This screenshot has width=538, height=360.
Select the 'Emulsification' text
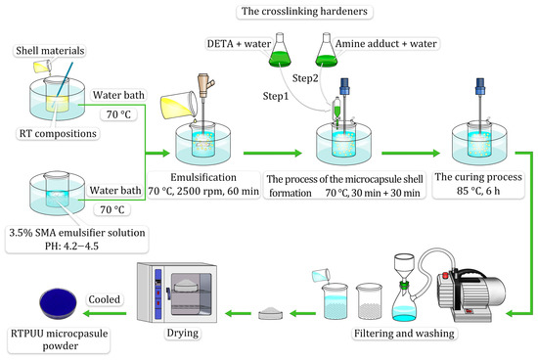(x=206, y=177)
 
